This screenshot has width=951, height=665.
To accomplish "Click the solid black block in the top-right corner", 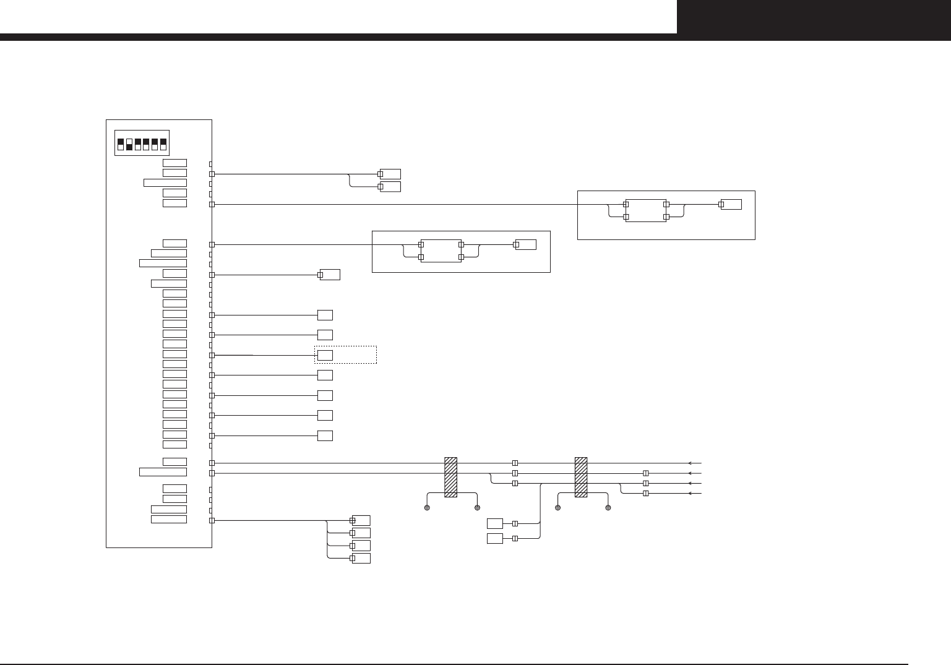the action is [x=814, y=17].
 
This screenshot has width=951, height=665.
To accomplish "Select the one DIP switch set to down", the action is [x=129, y=144].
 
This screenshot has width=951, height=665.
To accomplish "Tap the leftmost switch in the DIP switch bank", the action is [x=121, y=144].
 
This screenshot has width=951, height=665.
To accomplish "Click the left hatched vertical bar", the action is [x=450, y=477].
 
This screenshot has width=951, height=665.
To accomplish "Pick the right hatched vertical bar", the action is [x=581, y=477].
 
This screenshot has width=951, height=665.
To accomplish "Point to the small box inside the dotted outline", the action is [x=325, y=355].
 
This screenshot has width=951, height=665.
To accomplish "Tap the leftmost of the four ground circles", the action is [x=427, y=508].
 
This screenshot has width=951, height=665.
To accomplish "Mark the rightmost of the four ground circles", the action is [x=608, y=508].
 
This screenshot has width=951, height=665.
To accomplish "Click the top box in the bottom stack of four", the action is [x=361, y=520].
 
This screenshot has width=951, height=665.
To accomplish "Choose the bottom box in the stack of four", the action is [x=361, y=558].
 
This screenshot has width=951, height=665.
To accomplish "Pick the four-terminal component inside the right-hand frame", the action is [x=646, y=210].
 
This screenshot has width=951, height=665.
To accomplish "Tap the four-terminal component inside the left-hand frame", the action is [x=441, y=251].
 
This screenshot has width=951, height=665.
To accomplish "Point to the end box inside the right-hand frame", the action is [x=732, y=204].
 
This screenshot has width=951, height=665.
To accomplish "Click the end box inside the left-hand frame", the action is [x=527, y=244].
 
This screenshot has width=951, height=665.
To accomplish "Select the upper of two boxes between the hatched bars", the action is [x=495, y=523].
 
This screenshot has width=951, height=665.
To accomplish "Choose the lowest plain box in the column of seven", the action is [x=325, y=435].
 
